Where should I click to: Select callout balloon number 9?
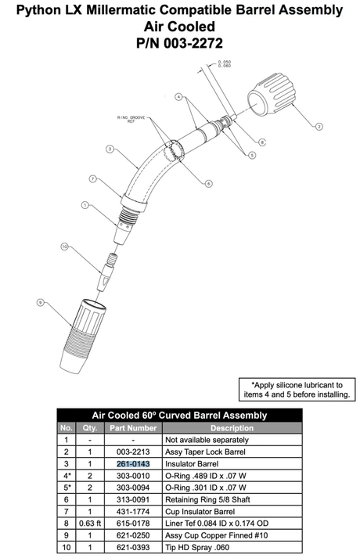(39, 301)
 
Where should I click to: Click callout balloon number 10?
(65, 247)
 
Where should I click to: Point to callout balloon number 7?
(92, 178)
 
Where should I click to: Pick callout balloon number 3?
(110, 148)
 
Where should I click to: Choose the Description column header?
(232, 428)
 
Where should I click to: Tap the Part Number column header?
(132, 428)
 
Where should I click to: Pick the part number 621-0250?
(132, 535)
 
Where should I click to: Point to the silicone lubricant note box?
(297, 390)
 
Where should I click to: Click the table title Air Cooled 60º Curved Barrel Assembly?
(179, 416)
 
